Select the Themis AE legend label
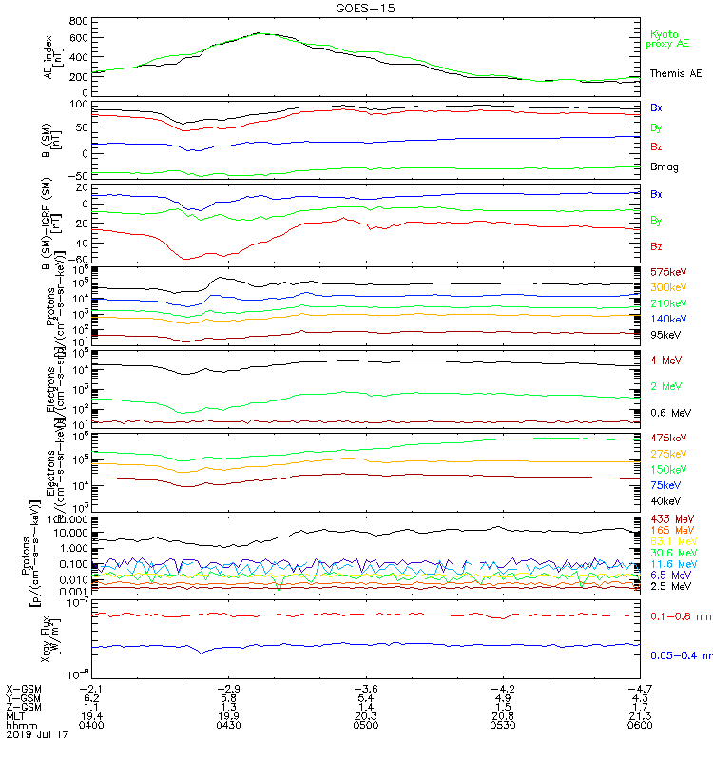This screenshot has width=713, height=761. [x=676, y=73]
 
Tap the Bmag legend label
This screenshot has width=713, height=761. [x=664, y=166]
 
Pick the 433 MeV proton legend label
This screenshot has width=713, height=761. [x=668, y=518]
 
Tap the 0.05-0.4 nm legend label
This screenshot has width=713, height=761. [x=680, y=654]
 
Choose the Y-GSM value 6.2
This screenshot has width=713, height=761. [x=90, y=697]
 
